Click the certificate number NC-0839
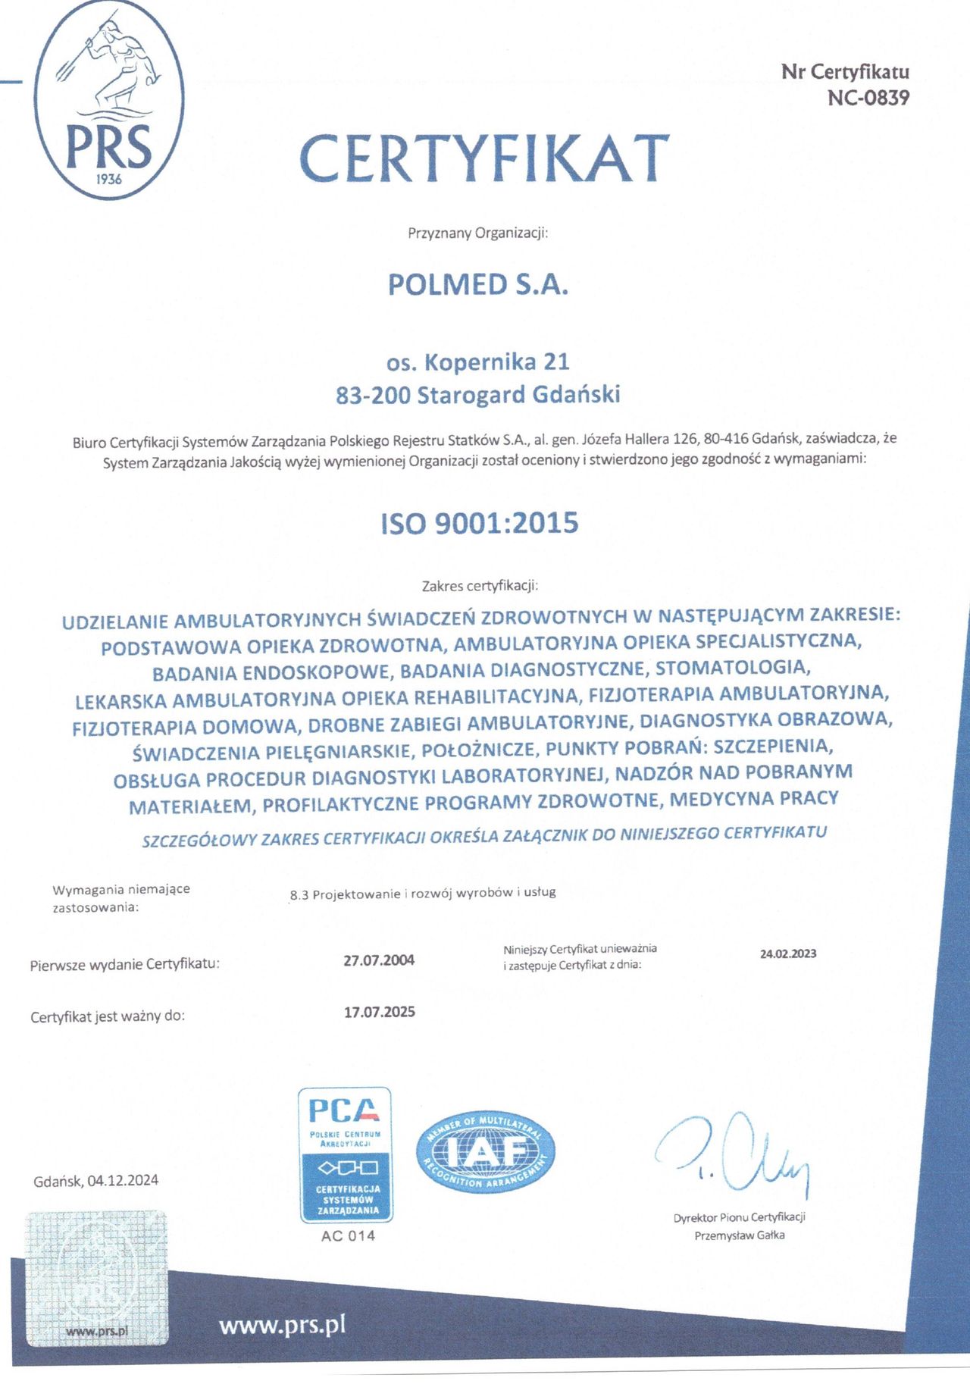coord(868,98)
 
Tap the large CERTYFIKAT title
coord(485,158)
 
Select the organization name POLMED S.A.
coord(477,285)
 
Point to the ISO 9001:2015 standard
coord(480,523)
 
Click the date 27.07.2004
coord(379,960)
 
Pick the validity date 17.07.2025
coord(380,1012)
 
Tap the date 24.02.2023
coord(788,953)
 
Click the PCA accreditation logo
coord(346,1154)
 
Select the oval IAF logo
coord(486,1153)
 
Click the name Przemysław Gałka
coord(740,1235)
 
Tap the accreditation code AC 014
coord(348,1236)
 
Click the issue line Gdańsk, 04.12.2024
coord(96,1181)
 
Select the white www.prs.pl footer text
coord(282,1325)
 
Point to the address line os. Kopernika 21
coord(477,362)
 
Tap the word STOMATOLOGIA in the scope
coord(733,669)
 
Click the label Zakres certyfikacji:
coord(480,586)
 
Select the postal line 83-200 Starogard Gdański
coord(478,395)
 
